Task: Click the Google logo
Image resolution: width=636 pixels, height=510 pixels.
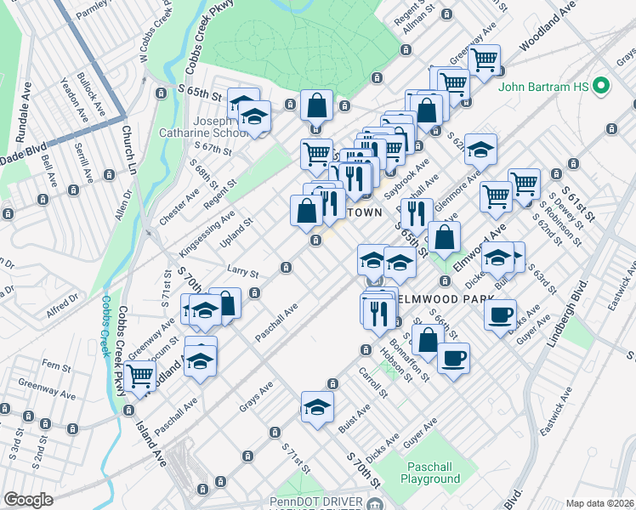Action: click(x=28, y=500)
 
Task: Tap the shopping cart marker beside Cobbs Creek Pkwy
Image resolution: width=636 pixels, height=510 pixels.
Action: click(x=139, y=376)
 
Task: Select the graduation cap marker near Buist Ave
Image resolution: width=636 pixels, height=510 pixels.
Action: click(x=316, y=407)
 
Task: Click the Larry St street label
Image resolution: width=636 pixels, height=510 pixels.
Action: click(x=242, y=272)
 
